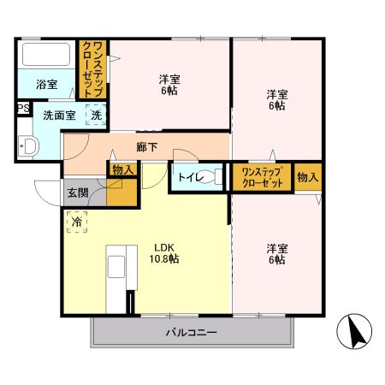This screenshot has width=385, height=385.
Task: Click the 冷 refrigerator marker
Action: click(78, 222)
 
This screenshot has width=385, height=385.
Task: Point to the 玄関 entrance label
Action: click(77, 192)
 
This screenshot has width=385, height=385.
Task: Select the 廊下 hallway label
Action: click(146, 146)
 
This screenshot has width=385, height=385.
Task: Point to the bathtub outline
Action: click(47, 57)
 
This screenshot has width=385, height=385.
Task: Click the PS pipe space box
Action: click(22, 109)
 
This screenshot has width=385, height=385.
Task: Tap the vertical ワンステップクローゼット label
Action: click(92, 71)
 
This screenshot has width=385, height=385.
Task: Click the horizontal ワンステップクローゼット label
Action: click(262, 177)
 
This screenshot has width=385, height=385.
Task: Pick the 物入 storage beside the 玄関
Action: click(121, 170)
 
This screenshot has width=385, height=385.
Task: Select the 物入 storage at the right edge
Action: click(308, 177)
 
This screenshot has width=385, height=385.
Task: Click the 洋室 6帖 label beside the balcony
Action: click(276, 254)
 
